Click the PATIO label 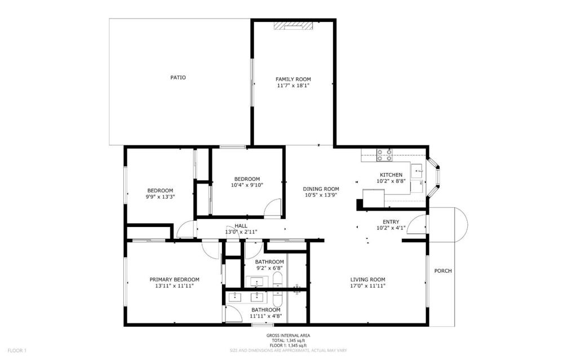(178, 78)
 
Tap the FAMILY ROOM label (293, 79)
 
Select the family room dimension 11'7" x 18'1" (293, 86)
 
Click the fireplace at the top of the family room (293, 25)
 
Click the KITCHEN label (391, 175)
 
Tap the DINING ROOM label (321, 189)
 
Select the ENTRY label (391, 222)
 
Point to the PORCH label (443, 271)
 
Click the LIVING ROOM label (368, 279)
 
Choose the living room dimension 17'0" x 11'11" (368, 286)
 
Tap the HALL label (241, 226)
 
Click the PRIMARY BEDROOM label (174, 279)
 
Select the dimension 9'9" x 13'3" (160, 197)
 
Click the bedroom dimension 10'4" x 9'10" (247, 185)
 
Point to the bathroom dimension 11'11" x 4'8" (265, 317)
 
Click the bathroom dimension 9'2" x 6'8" (269, 269)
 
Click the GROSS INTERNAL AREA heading (288, 336)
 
